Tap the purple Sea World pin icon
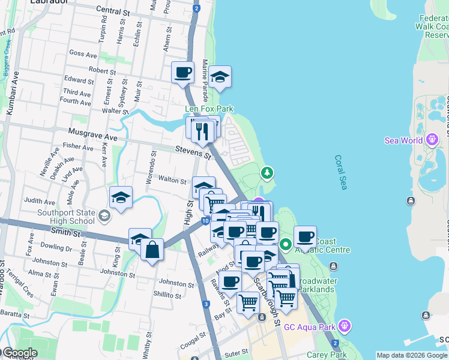click(432, 140)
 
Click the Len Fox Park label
click(209, 109)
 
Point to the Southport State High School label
click(66, 217)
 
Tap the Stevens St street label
click(193, 152)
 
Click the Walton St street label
click(172, 179)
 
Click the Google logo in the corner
click(19, 353)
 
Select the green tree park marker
click(267, 173)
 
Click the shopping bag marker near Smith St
click(152, 249)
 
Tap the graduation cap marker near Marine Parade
click(220, 76)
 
